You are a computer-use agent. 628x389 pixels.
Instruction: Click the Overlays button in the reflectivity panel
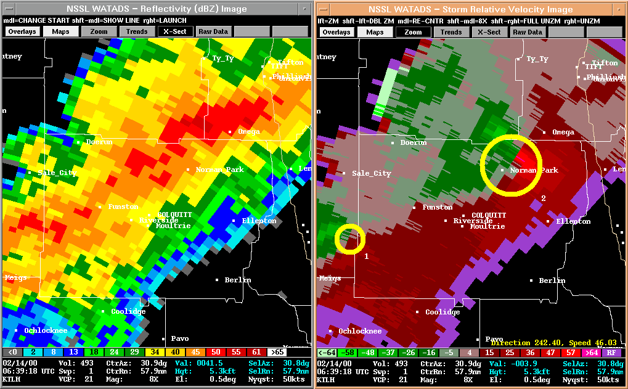click(x=23, y=31)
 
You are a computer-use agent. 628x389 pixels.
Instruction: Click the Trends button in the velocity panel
click(x=451, y=32)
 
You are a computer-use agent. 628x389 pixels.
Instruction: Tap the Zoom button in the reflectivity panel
click(x=99, y=31)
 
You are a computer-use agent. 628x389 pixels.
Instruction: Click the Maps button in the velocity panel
click(x=375, y=32)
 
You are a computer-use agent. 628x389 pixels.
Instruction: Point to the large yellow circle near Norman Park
click(x=511, y=165)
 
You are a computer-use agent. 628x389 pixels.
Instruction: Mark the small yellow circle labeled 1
click(x=350, y=238)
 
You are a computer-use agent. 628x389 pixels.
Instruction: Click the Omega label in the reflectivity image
click(x=249, y=132)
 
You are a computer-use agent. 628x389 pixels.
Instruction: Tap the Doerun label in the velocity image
click(x=413, y=142)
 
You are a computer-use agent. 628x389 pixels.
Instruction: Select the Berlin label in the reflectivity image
click(x=237, y=280)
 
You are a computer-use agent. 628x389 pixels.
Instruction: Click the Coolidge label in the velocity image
click(x=442, y=312)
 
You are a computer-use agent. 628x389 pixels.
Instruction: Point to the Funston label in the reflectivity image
click(x=123, y=207)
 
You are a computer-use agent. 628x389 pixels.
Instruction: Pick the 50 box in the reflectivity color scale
click(x=216, y=351)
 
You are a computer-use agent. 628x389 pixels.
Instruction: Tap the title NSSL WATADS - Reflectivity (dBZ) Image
click(x=156, y=9)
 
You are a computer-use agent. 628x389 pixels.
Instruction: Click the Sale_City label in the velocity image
click(x=371, y=174)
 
